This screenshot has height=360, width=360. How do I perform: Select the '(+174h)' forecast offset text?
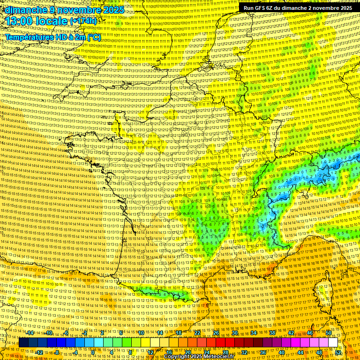83,22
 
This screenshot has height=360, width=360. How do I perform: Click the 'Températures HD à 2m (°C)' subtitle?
53,37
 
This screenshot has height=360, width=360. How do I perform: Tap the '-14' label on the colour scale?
30,333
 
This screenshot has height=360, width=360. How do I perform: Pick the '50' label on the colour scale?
328,333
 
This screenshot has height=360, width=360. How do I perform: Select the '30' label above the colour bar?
235,333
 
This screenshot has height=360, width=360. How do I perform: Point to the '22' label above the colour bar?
197,333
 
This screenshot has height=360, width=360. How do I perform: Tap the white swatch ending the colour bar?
333,342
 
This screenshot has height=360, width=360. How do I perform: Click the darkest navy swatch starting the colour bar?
24,342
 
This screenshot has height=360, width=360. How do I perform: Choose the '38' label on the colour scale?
272,333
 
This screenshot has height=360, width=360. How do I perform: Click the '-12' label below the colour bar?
39,352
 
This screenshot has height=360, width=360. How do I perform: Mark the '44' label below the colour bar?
300,352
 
